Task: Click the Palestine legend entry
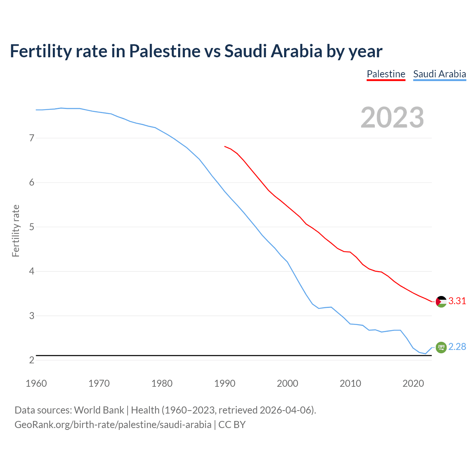pyautogui.click(x=386, y=74)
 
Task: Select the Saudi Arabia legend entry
pyautogui.click(x=439, y=74)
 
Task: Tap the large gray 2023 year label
pyautogui.click(x=392, y=118)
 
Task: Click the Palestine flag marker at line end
pyautogui.click(x=441, y=302)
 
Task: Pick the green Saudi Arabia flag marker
pyautogui.click(x=441, y=347)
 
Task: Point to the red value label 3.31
pyautogui.click(x=457, y=301)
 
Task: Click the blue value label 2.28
pyautogui.click(x=457, y=347)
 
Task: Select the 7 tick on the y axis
pyautogui.click(x=32, y=138)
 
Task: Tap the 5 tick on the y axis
pyautogui.click(x=32, y=227)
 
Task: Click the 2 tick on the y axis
pyautogui.click(x=32, y=360)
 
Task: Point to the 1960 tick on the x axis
pyautogui.click(x=36, y=383)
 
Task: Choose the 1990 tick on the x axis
pyautogui.click(x=225, y=383)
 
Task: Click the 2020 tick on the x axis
pyautogui.click(x=413, y=383)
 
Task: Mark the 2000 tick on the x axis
pyautogui.click(x=287, y=383)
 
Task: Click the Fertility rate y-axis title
pyautogui.click(x=16, y=231)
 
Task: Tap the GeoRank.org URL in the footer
pyautogui.click(x=113, y=425)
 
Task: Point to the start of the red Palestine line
pyautogui.click(x=225, y=147)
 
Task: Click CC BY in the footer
pyautogui.click(x=232, y=425)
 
